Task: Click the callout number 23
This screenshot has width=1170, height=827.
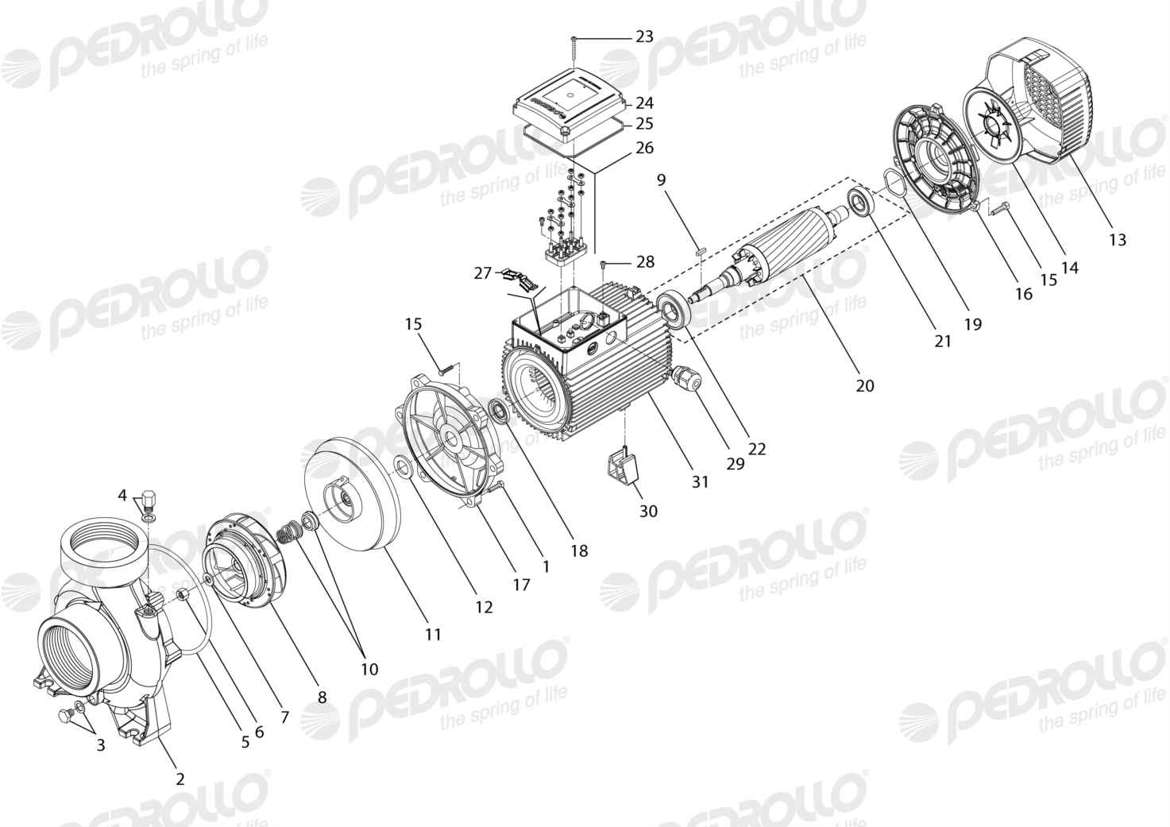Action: click(644, 37)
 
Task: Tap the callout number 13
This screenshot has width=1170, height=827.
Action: click(1118, 240)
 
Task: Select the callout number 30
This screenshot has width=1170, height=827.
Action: click(648, 511)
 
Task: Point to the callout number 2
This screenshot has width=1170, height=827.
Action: click(180, 779)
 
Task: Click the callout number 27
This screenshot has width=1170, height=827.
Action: click(483, 272)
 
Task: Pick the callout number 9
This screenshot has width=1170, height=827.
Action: click(662, 180)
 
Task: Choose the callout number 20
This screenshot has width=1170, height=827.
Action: click(865, 385)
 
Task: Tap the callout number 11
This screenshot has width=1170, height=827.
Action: click(433, 635)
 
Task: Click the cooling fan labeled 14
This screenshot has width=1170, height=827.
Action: click(995, 125)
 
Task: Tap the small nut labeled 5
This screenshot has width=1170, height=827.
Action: click(183, 594)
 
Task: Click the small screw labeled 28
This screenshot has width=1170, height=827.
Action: click(603, 265)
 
